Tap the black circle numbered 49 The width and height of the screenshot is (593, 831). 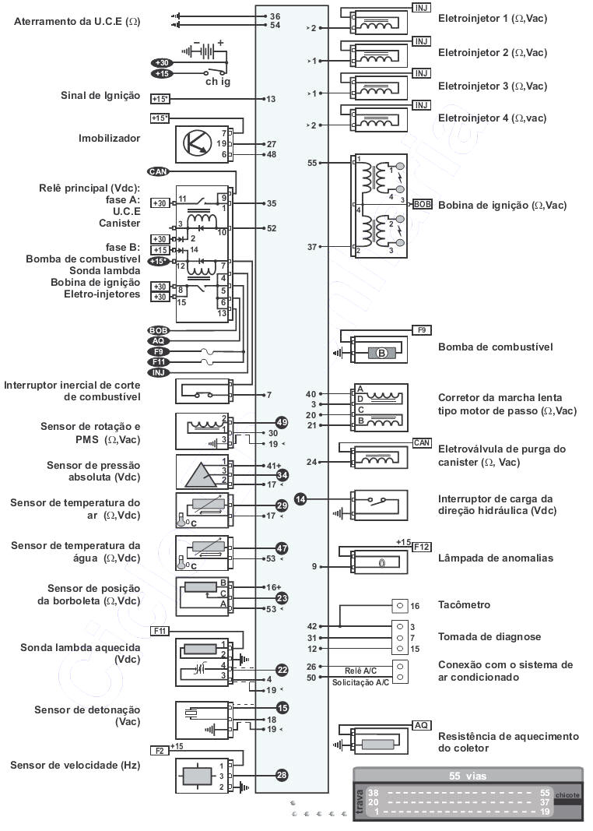282,422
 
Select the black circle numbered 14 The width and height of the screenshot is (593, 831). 301,500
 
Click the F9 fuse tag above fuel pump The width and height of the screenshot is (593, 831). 421,330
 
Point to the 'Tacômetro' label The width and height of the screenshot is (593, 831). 465,605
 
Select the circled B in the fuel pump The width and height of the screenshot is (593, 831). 382,353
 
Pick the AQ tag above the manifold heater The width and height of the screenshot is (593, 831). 421,725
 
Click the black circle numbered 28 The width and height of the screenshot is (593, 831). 282,775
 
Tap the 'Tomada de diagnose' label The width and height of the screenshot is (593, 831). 489,636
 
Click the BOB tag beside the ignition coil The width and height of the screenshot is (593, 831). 422,204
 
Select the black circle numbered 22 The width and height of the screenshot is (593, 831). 282,669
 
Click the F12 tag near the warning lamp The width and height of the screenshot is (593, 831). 421,546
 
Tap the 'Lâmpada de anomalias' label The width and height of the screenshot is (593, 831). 496,558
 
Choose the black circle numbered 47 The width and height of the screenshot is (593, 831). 282,548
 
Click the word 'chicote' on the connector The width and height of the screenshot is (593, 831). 567,794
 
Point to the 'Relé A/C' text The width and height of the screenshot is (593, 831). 361,670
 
